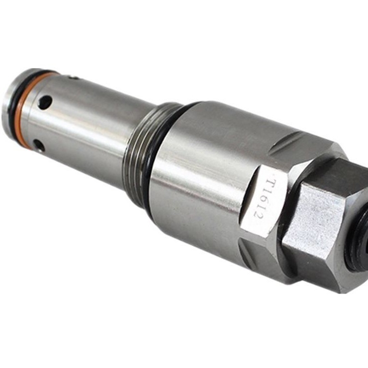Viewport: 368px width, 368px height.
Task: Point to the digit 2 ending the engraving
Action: coord(259,216)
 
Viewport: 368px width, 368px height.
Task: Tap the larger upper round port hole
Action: coord(45,102)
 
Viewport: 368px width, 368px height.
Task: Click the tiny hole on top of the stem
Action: coord(75,77)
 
